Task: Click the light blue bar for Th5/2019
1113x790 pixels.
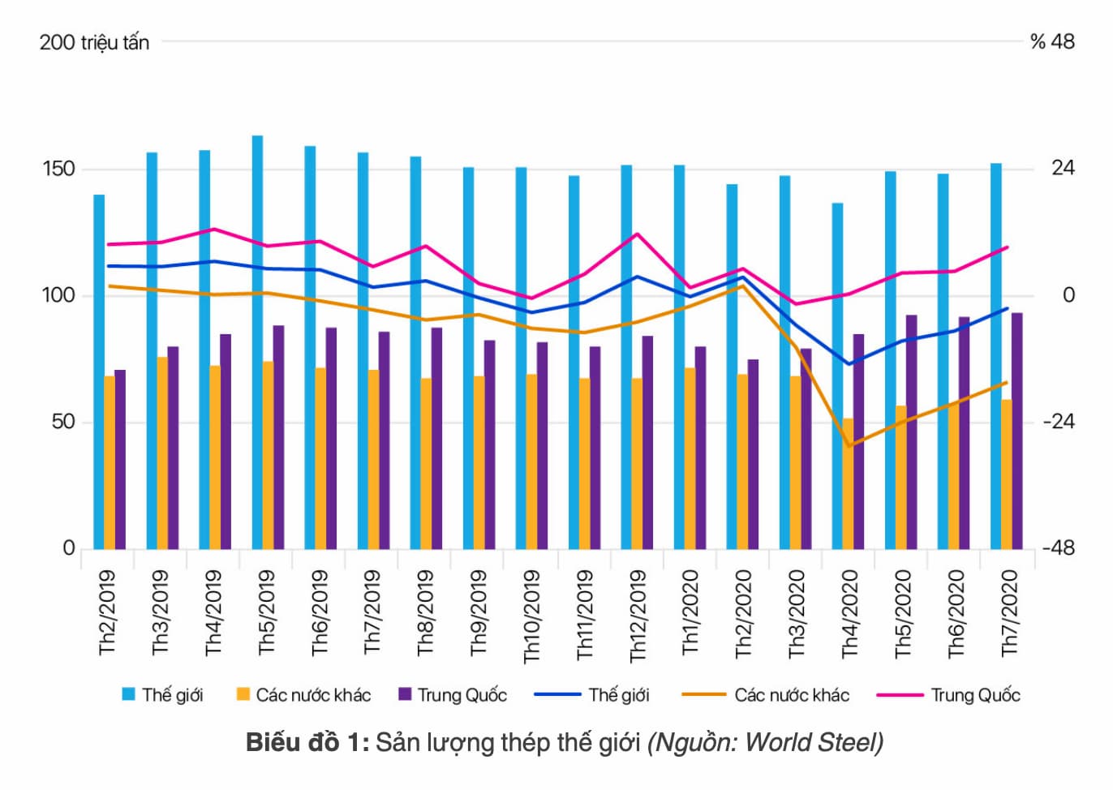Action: tap(257, 341)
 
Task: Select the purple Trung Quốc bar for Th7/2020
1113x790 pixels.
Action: tap(1017, 430)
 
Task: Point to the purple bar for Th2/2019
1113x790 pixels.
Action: tap(120, 459)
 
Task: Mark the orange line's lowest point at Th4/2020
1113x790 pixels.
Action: tap(849, 446)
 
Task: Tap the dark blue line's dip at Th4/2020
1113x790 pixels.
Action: tap(849, 364)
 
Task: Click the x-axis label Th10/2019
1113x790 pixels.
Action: tap(531, 616)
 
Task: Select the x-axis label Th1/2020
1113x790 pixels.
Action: tap(690, 612)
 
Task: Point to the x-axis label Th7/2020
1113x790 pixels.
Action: tap(1008, 612)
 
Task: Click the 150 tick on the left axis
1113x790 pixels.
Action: tap(58, 169)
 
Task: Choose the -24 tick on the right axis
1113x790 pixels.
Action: tap(1059, 421)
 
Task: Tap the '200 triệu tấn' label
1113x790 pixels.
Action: tap(94, 42)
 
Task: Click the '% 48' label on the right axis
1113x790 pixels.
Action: tap(1052, 41)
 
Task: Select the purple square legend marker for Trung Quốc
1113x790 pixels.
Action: tap(406, 694)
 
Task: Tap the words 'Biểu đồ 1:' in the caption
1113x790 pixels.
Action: tap(307, 742)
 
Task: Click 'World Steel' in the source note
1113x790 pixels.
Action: tap(811, 742)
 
